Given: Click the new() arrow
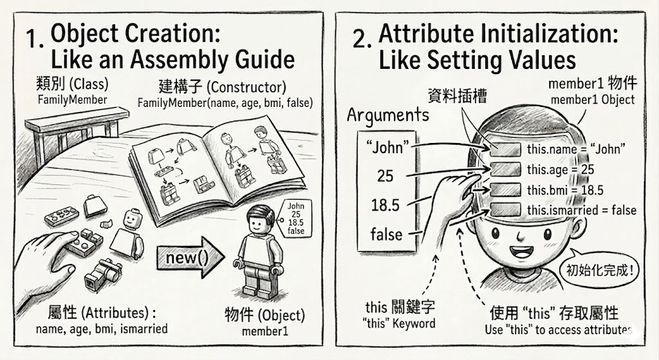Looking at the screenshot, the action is pyautogui.click(x=190, y=257).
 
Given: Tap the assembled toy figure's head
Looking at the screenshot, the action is pyautogui.click(x=261, y=220).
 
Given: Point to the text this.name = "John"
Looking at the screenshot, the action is pyautogui.click(x=576, y=149).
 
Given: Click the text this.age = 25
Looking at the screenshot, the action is pyautogui.click(x=561, y=169).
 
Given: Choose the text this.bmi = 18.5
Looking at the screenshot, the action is pyautogui.click(x=565, y=190).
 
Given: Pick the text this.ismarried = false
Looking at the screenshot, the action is pyautogui.click(x=582, y=210).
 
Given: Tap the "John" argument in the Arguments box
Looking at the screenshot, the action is pyautogui.click(x=387, y=147).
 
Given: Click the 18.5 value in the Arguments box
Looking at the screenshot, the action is pyautogui.click(x=385, y=205).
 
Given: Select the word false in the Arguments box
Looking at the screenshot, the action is pyautogui.click(x=386, y=234).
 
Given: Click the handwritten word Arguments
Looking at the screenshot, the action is pyautogui.click(x=388, y=115).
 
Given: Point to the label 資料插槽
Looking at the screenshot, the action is pyautogui.click(x=458, y=97).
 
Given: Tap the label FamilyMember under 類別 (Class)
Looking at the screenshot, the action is pyautogui.click(x=72, y=100).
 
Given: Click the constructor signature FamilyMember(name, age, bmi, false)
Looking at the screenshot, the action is pyautogui.click(x=225, y=102).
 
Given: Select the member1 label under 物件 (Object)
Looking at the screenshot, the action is pyautogui.click(x=265, y=331).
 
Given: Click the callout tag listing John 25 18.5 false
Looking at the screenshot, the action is pyautogui.click(x=296, y=219).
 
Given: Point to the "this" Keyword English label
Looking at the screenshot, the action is pyautogui.click(x=398, y=323).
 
